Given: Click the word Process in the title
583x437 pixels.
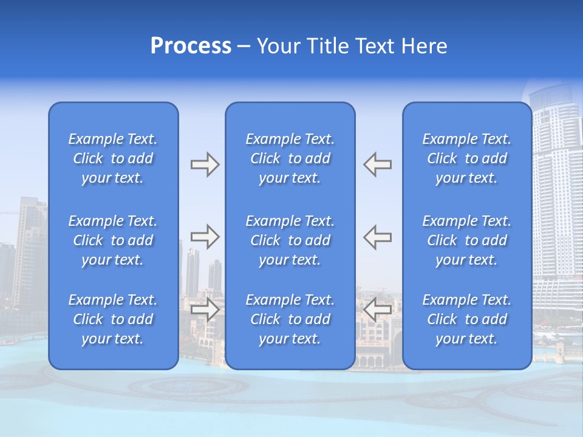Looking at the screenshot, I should pos(191,46).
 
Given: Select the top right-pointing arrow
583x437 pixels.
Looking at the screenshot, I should pos(205,164).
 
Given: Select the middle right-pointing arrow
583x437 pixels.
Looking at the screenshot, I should pos(205,237).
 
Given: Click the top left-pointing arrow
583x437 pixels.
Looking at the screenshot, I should pos(377,164).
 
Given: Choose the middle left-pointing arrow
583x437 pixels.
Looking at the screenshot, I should pos(377,237).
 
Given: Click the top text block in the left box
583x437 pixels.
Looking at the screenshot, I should pos(113,158).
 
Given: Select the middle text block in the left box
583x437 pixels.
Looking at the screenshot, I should pos(113,240).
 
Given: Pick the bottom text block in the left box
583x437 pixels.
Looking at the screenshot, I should pos(113,319).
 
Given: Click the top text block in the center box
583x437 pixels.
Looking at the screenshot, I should pos(290,158).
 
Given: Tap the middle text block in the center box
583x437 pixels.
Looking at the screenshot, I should pos(290,240).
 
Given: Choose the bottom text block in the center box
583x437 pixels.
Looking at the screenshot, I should pos(290,319).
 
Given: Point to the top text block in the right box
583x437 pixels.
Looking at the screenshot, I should pos(466,158).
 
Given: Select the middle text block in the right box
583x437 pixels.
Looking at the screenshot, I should pos(466,240).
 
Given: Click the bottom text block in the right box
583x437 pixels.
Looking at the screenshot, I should pos(466,319).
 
